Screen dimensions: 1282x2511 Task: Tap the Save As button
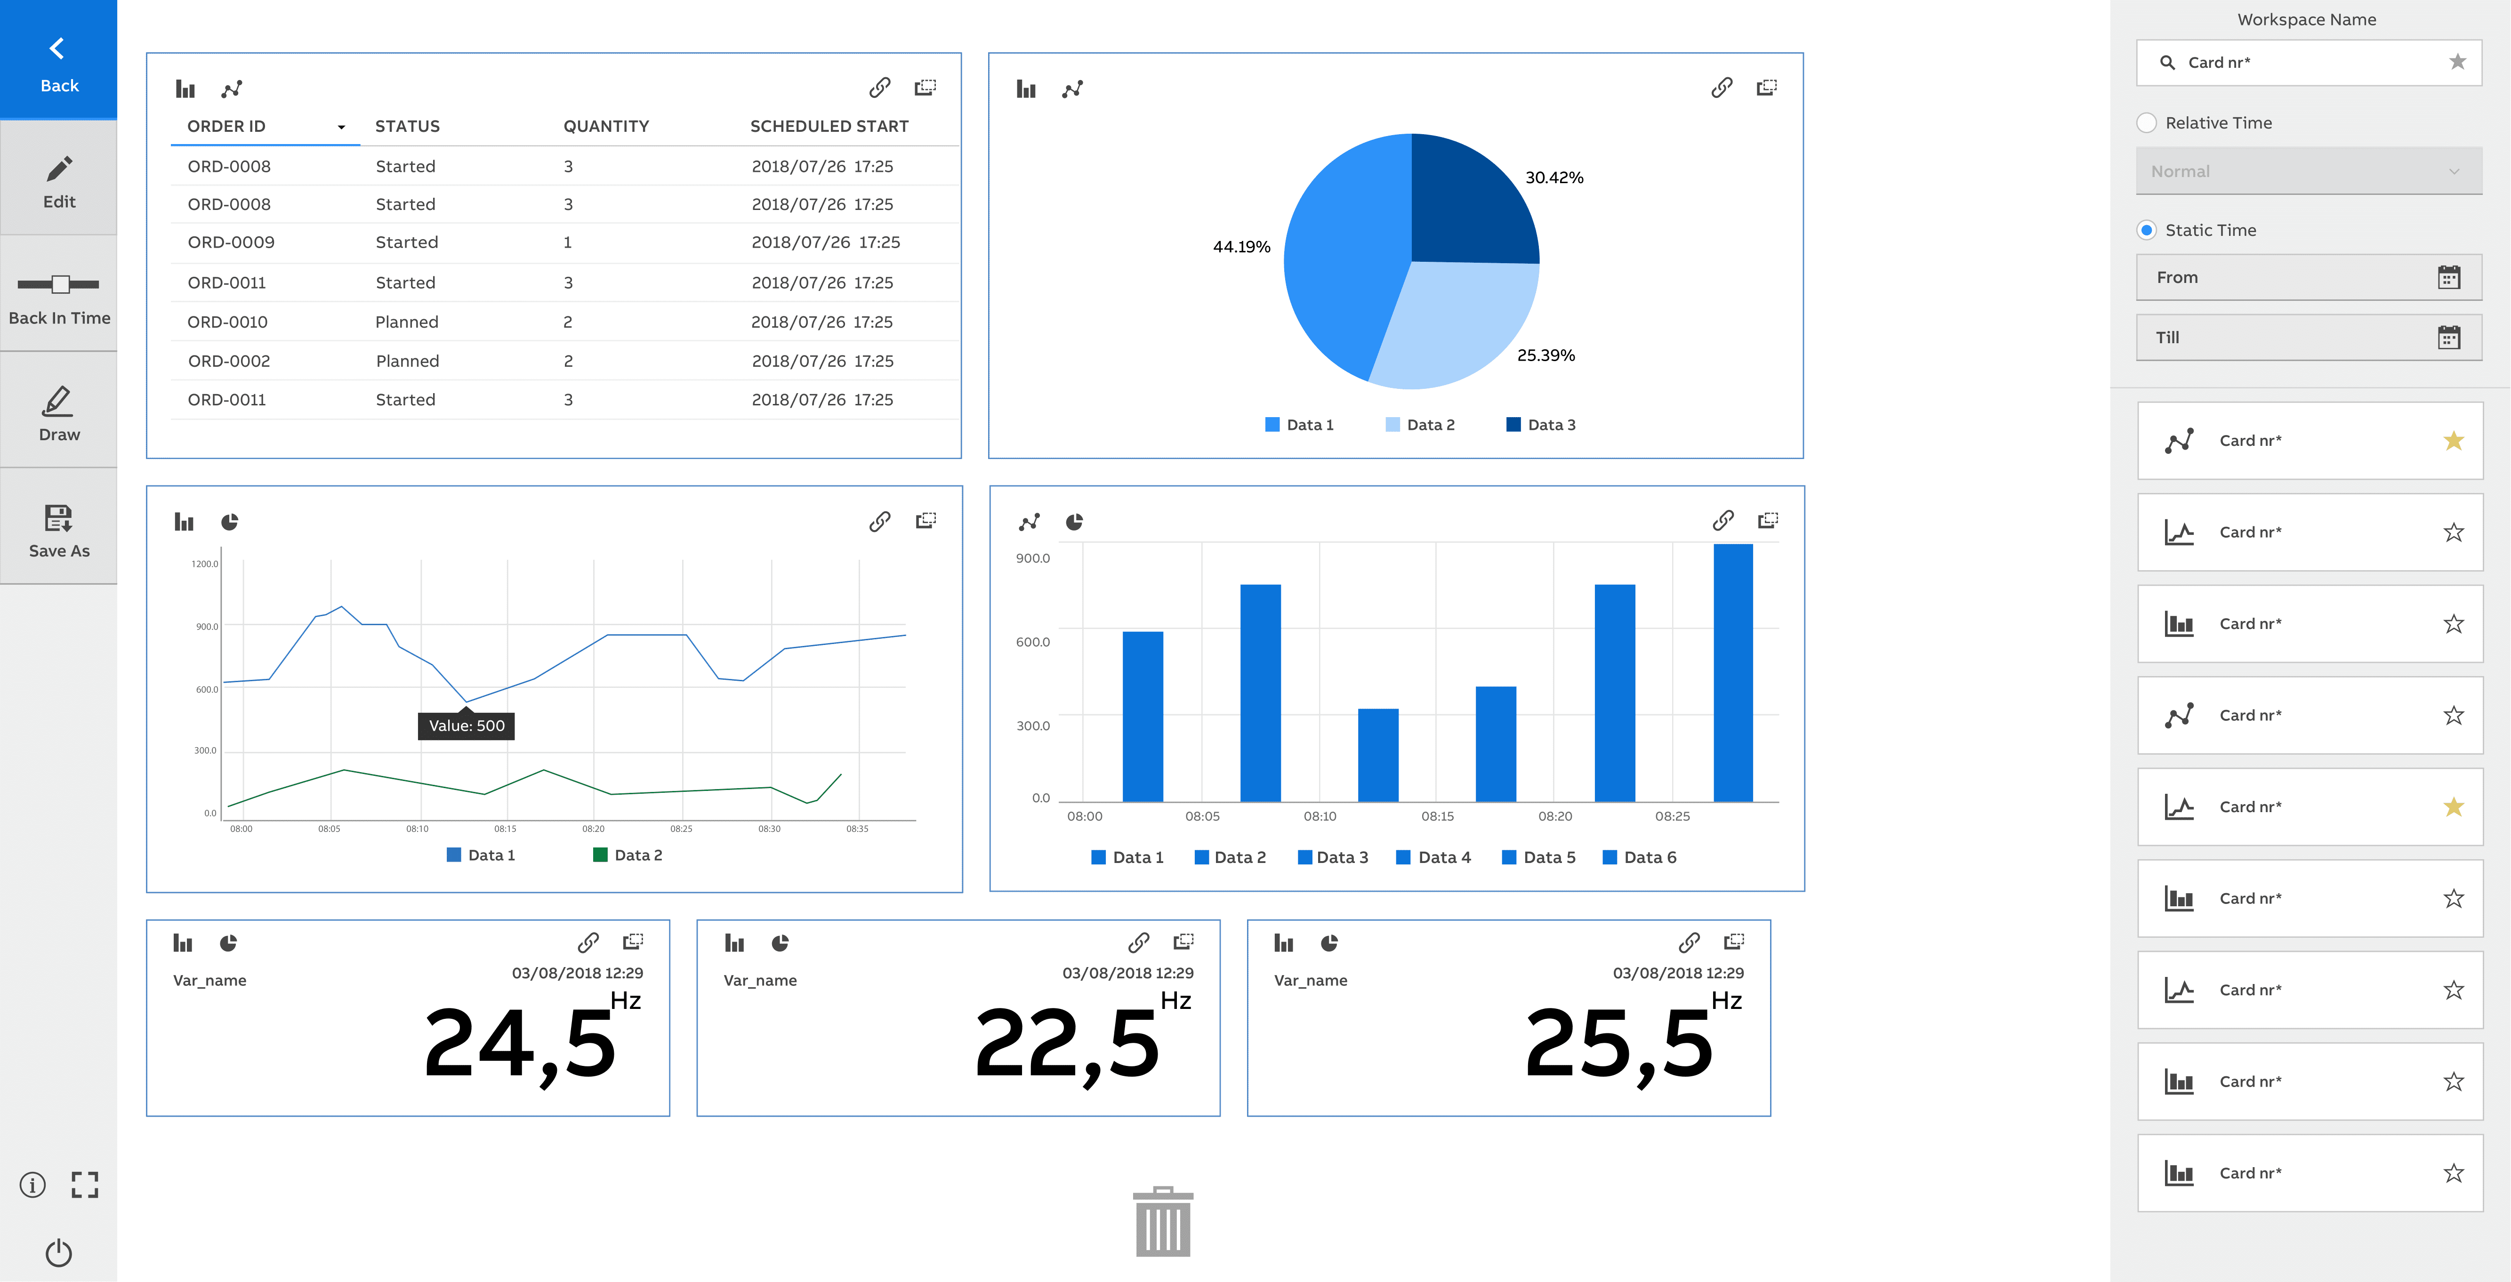pyautogui.click(x=58, y=529)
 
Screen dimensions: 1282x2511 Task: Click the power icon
pyautogui.click(x=58, y=1252)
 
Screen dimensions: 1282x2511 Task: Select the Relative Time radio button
pyautogui.click(x=2147, y=123)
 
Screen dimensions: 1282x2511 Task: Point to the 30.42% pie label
pyautogui.click(x=1554, y=177)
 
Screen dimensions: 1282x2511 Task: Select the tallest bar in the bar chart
pyautogui.click(x=1732, y=673)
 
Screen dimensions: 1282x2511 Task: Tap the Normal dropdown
pyautogui.click(x=2307, y=171)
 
